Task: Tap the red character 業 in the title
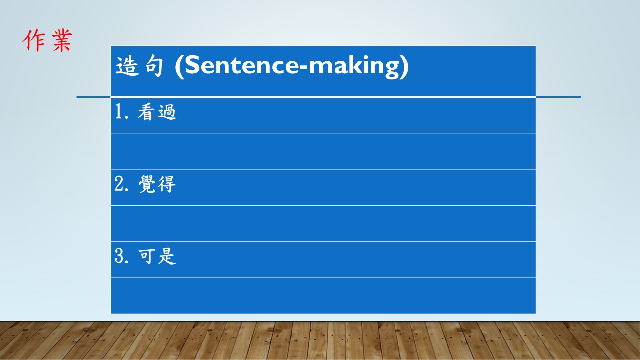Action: click(x=62, y=40)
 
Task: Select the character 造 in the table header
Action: click(x=127, y=66)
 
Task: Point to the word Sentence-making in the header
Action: click(x=292, y=66)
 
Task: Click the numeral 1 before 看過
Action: click(x=119, y=111)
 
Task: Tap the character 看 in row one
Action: click(x=146, y=112)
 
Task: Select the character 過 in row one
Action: click(x=167, y=112)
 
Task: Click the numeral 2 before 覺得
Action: click(x=119, y=184)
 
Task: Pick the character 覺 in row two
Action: click(x=147, y=184)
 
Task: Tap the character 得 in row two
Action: click(x=167, y=184)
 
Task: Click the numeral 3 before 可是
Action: click(x=119, y=256)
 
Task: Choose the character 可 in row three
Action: click(x=147, y=256)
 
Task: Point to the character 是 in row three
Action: click(x=167, y=256)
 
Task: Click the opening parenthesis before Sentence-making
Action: click(x=179, y=67)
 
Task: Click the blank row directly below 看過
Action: click(x=323, y=151)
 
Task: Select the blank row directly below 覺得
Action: click(x=323, y=223)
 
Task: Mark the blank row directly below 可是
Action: click(x=323, y=296)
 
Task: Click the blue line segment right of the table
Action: click(x=558, y=97)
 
